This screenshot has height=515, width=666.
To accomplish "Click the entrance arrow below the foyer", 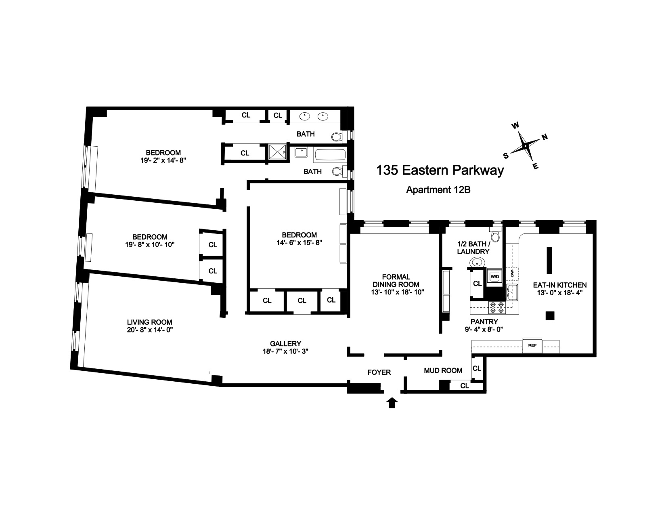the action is (392, 403).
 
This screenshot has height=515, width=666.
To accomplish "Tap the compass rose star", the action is (526, 146).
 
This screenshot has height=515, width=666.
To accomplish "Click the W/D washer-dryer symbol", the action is (494, 277).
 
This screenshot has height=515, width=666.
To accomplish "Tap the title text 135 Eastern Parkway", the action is (440, 170).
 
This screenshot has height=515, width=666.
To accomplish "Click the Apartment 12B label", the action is (438, 190).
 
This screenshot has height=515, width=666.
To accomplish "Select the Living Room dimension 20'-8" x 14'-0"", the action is (149, 330).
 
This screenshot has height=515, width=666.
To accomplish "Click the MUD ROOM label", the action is (443, 370).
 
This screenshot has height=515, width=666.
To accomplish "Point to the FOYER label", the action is (379, 372).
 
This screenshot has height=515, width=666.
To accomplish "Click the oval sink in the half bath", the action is (477, 263).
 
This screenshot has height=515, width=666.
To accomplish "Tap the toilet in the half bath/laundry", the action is (495, 233).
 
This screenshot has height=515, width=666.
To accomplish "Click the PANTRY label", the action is (484, 322).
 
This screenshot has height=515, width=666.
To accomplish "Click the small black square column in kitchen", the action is (550, 316).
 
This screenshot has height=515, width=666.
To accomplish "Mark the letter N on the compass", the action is (545, 137).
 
